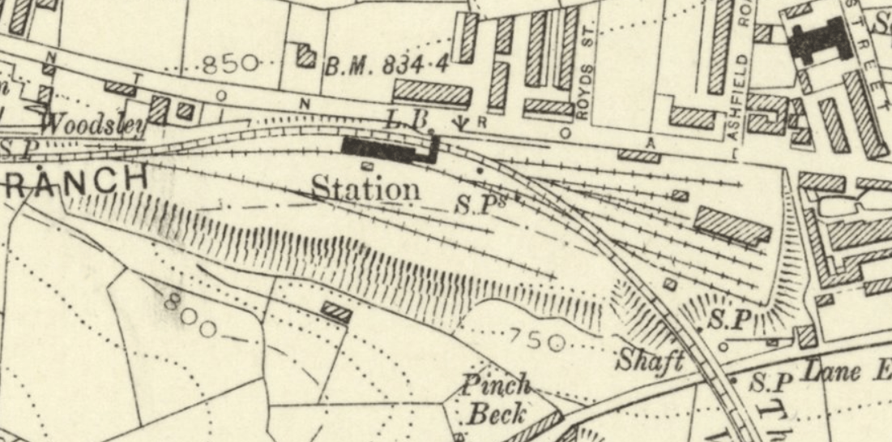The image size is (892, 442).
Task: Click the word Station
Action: [366, 189]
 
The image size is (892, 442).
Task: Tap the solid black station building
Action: [388, 148]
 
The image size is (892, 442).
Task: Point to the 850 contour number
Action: [230, 63]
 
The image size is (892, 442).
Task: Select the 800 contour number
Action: [189, 315]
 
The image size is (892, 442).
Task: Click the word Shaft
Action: [650, 360]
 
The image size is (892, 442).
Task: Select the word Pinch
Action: [497, 384]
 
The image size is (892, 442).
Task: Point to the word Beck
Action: [496, 413]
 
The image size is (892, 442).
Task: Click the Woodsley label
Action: [94, 125]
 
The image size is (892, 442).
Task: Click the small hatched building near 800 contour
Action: [336, 312]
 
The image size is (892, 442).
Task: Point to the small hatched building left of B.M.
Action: [306, 55]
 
